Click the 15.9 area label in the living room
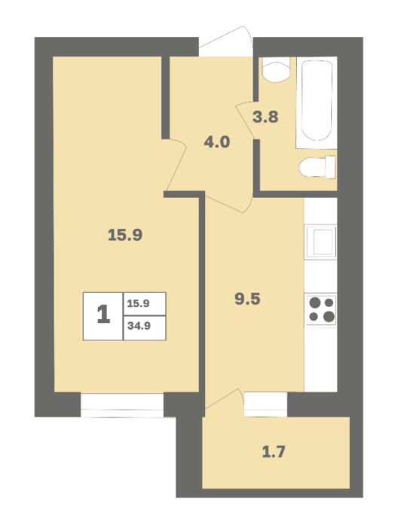125,235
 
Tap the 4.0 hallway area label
217,142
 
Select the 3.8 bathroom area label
265,117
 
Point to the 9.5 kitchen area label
247,299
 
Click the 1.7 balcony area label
274,452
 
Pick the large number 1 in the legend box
103,314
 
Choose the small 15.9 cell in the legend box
145,303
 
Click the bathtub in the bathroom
317,102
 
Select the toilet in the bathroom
317,167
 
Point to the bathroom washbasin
276,69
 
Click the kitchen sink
320,242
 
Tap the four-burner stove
320,310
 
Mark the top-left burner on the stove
315,303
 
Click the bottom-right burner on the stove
329,317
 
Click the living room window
122,405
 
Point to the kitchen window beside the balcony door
266,404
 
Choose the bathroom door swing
246,119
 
